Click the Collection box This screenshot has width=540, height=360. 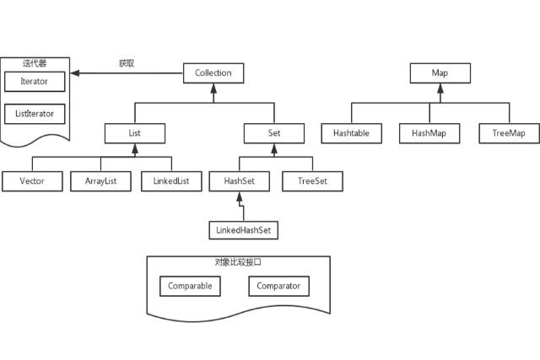213,73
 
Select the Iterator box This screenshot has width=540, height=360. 34,82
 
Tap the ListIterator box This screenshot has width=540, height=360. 34,112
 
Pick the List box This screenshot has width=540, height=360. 135,133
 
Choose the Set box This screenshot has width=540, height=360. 273,133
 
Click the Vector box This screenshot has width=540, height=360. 32,181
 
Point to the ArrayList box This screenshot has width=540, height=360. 101,181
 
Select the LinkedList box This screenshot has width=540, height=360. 171,181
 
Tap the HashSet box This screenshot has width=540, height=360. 240,181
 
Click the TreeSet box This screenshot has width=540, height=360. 311,181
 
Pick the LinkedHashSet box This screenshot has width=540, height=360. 243,229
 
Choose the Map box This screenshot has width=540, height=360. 440,73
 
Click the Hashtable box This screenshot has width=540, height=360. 352,133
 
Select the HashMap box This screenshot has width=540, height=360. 428,133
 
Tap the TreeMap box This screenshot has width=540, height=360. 509,133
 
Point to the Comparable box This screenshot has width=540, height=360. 190,287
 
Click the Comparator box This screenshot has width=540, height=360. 279,287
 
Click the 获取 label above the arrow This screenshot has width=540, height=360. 127,63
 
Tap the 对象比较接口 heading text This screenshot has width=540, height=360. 239,263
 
